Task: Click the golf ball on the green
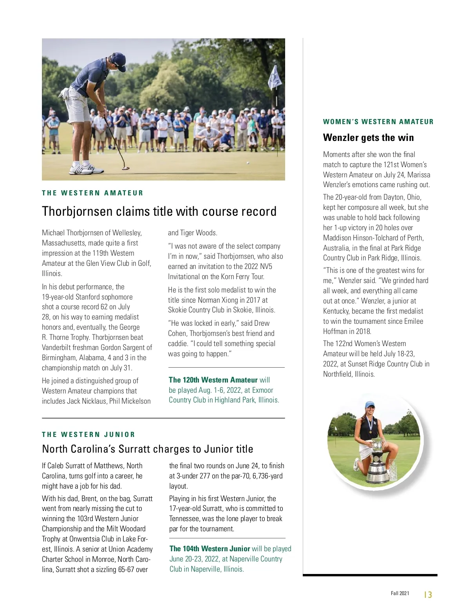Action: point(248,162)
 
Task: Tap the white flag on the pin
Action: point(275,78)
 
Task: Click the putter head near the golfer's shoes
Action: point(126,168)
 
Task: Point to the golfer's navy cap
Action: point(118,61)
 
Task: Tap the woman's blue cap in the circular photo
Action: point(370,405)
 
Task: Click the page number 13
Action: point(428,595)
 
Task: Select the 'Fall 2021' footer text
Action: point(400,594)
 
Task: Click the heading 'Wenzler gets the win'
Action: point(368,137)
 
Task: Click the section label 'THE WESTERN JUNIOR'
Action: point(89,435)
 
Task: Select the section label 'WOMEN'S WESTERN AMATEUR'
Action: point(378,122)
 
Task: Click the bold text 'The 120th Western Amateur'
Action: point(213,380)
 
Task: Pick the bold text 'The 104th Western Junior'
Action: point(210,549)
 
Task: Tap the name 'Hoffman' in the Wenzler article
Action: point(335,331)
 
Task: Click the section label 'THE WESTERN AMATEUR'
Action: point(92,193)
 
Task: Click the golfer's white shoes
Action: point(86,169)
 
